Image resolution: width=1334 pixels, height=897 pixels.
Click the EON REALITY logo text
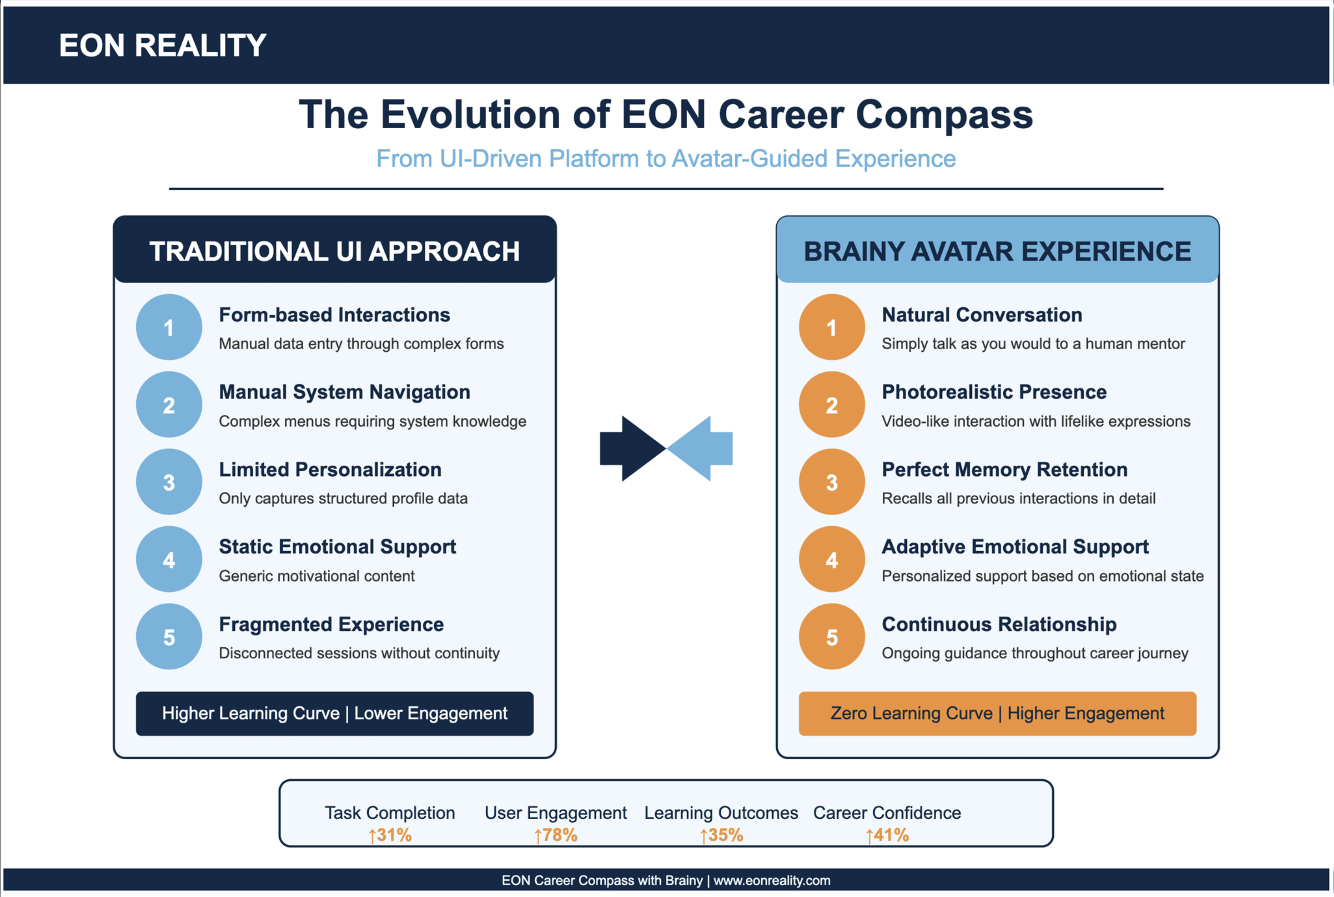163,45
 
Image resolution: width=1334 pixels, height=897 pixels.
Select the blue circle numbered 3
169,482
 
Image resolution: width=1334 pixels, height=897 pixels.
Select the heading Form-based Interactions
335,315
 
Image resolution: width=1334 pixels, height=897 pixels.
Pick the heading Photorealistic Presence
994,392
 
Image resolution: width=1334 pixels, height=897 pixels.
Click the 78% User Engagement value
556,835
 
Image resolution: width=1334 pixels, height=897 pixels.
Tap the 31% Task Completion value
390,835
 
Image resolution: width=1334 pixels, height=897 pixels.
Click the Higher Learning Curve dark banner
335,714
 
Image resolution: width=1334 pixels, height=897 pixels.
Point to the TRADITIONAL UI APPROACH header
335,251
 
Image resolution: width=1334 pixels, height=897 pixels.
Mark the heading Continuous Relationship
999,624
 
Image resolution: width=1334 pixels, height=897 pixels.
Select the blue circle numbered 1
169,327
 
